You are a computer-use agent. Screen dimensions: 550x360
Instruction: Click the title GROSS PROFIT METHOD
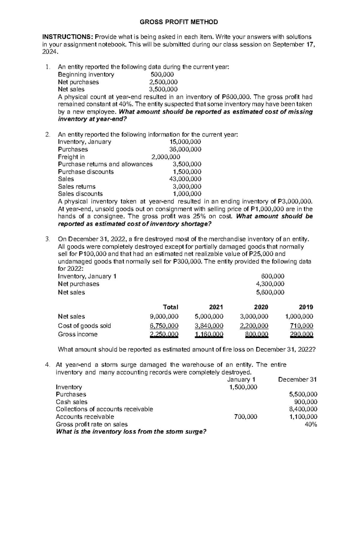pyautogui.click(x=180, y=22)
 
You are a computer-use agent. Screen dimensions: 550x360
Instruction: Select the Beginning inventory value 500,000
pyautogui.click(x=162, y=74)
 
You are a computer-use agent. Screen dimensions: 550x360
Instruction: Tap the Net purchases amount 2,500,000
pyautogui.click(x=163, y=82)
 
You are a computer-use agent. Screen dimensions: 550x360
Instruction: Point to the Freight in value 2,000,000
pyautogui.click(x=166, y=157)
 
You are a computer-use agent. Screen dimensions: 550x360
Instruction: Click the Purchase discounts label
pyautogui.click(x=86, y=172)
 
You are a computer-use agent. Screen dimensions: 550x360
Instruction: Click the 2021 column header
pyautogui.click(x=216, y=307)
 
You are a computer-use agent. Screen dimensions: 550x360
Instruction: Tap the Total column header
pyautogui.click(x=170, y=307)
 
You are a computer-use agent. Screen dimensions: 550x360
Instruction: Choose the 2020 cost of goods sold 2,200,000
pyautogui.click(x=254, y=326)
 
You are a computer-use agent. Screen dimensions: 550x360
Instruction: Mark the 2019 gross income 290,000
pyautogui.click(x=301, y=334)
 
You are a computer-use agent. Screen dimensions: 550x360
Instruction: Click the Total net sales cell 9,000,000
pyautogui.click(x=164, y=316)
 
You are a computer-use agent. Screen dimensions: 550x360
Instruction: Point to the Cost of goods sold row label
pyautogui.click(x=84, y=326)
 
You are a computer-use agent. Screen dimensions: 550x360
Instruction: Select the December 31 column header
pyautogui.click(x=297, y=379)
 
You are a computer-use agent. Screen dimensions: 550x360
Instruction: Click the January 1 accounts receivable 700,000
pyautogui.click(x=245, y=417)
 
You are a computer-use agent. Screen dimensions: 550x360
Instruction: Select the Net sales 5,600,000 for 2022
pyautogui.click(x=270, y=292)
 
